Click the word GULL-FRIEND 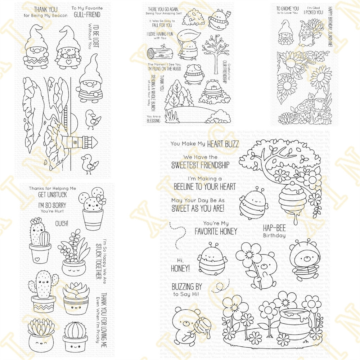87,15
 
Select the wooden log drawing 159,53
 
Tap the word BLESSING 153,121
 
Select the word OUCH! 61,224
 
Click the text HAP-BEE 274,228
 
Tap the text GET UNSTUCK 53,195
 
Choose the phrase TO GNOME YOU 288,8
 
